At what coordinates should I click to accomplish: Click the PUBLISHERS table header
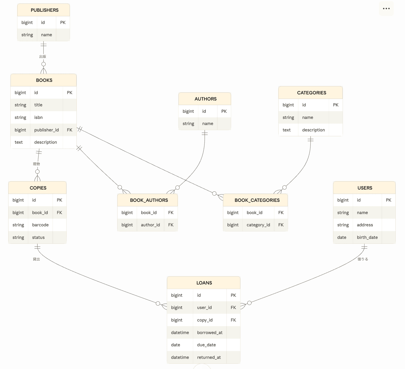44,10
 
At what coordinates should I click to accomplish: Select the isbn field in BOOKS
38,117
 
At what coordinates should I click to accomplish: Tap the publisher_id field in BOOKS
46,130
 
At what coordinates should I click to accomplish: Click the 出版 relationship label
43,57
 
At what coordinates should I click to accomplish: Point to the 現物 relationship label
36,164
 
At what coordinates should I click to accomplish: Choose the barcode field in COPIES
40,225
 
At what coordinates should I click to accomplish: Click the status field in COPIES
38,238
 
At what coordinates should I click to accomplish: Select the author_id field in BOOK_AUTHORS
151,225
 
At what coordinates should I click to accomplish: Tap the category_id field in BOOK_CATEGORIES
258,225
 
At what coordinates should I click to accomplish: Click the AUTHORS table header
205,99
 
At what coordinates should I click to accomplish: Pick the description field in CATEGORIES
314,130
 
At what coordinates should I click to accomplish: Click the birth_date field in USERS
367,238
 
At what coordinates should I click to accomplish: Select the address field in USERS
365,225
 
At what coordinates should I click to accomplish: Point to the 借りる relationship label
363,259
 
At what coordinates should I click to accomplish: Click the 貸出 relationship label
36,259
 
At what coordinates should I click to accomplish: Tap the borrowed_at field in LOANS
210,333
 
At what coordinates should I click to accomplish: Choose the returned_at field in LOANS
209,357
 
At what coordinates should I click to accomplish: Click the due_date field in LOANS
206,345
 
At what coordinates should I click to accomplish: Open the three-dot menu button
386,9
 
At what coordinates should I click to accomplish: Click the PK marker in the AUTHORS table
224,111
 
